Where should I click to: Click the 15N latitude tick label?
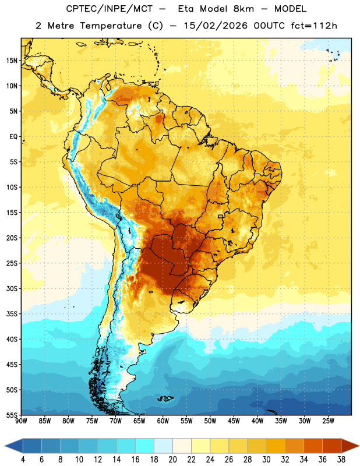coord(12,61)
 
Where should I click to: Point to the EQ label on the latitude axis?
coord(13,137)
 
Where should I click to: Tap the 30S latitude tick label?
coord(12,288)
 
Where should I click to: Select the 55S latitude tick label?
coord(12,415)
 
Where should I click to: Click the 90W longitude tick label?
coord(21,421)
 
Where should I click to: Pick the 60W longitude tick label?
coord(163,421)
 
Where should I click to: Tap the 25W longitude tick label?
coord(328,421)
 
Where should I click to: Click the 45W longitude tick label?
coord(234,421)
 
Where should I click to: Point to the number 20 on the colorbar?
coord(172,460)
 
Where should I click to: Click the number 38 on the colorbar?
coord(341,460)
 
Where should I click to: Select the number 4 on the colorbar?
coord(23,460)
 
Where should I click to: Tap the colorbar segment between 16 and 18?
coord(145,446)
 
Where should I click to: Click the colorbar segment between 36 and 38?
coord(332,446)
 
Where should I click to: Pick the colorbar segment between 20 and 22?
coord(182,446)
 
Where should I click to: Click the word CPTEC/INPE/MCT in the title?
coord(110,9)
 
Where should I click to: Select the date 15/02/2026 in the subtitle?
coord(216,26)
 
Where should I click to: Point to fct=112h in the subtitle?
coord(314,26)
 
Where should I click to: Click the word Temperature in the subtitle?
coord(111,26)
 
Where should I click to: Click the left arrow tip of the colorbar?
coord(5,446)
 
